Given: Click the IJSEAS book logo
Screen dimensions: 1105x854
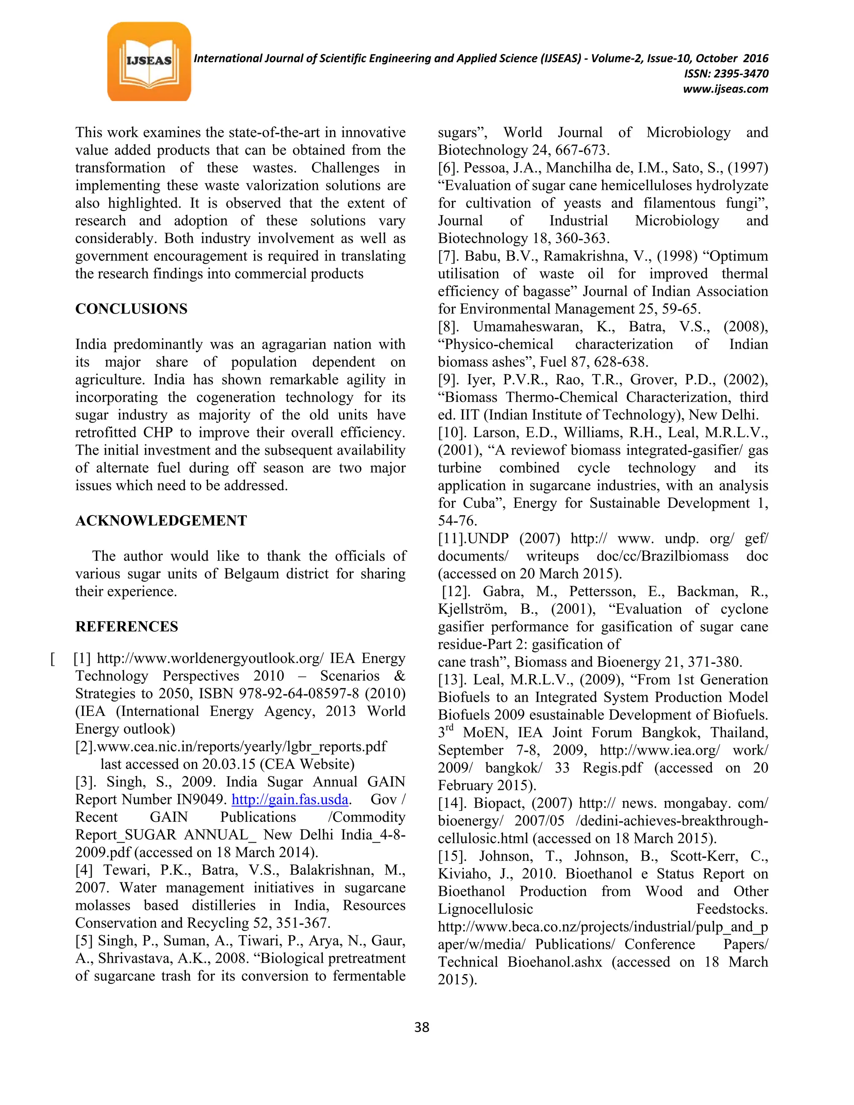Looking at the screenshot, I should pyautogui.click(x=149, y=62).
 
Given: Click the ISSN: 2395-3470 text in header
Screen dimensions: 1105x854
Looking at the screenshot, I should pyautogui.click(x=726, y=74).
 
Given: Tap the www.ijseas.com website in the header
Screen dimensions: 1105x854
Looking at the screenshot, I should pyautogui.click(x=725, y=89).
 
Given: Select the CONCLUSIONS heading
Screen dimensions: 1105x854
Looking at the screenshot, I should pyautogui.click(x=131, y=309).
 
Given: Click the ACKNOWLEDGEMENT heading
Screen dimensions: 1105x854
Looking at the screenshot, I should pyautogui.click(x=161, y=521).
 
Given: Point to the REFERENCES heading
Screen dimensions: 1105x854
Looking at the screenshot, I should pyautogui.click(x=126, y=626).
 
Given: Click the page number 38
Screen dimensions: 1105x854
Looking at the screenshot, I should pyautogui.click(x=422, y=1027).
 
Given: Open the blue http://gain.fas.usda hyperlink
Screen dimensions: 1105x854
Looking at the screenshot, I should pyautogui.click(x=290, y=799).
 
